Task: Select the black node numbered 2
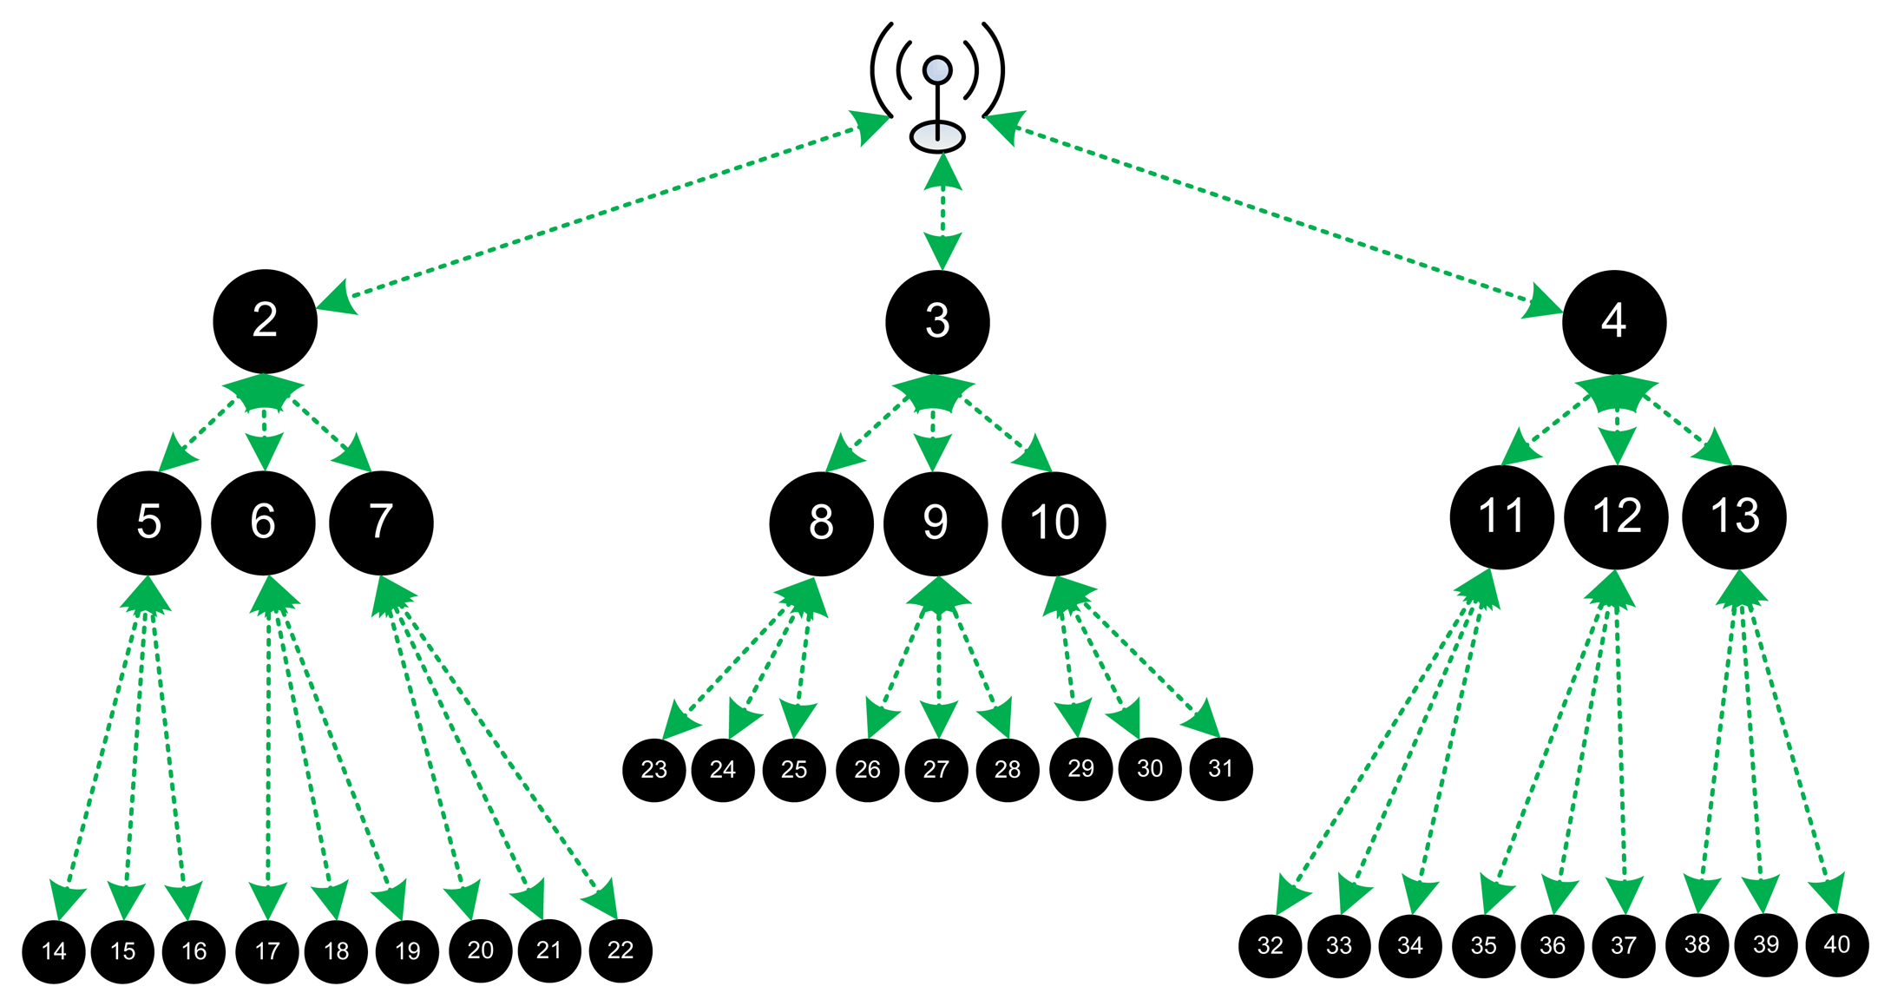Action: click(x=265, y=321)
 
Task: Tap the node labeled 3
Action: click(x=937, y=322)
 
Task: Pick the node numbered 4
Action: click(x=1613, y=322)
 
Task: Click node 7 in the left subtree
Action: click(x=381, y=523)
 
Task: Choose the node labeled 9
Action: click(x=936, y=523)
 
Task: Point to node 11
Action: click(x=1501, y=517)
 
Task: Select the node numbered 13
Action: click(x=1734, y=517)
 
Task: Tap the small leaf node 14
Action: click(x=54, y=951)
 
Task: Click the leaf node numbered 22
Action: click(x=620, y=950)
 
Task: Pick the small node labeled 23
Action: click(x=654, y=770)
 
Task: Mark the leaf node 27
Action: click(x=936, y=770)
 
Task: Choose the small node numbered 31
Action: click(x=1221, y=769)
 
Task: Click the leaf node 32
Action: click(x=1271, y=946)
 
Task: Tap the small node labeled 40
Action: click(x=1837, y=945)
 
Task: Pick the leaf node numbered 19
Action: click(x=407, y=951)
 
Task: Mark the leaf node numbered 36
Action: click(x=1553, y=946)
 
